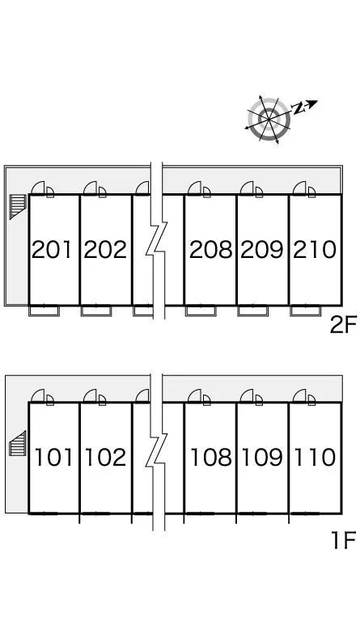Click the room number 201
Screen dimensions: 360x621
[52, 250]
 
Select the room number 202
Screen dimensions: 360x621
[105, 250]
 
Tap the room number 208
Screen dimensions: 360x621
[210, 250]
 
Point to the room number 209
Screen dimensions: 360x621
[262, 250]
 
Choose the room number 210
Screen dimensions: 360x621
[315, 250]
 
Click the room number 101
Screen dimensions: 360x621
[54, 457]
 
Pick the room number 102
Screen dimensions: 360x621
[105, 457]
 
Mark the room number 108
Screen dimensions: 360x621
[211, 457]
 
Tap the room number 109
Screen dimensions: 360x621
[262, 457]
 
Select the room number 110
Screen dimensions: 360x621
[315, 457]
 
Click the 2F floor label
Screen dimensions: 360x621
[343, 325]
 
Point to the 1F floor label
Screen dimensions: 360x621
[343, 540]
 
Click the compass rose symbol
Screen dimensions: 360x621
[269, 119]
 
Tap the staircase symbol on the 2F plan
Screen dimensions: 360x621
[18, 206]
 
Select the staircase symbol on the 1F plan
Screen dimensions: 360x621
[18, 443]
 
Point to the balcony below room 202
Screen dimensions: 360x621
[95, 310]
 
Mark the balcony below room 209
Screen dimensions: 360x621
[252, 310]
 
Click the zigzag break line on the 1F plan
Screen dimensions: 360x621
[157, 452]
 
